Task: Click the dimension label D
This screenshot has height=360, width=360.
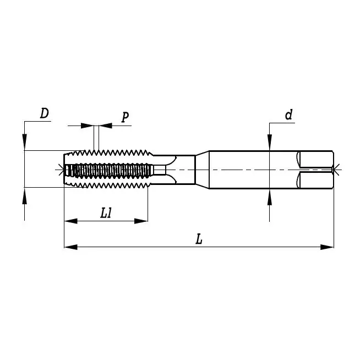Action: (45, 113)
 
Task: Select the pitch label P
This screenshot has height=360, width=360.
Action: (125, 117)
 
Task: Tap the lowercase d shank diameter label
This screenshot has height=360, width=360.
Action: (288, 114)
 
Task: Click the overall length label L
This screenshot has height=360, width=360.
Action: (199, 239)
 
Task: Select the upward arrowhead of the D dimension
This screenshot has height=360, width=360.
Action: (24, 194)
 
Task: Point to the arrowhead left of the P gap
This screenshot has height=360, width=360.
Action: (88, 126)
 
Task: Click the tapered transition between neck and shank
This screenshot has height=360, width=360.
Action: (202, 169)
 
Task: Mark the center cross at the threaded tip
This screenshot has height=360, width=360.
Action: (61, 169)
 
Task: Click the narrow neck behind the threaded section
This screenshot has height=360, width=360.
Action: (184, 169)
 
